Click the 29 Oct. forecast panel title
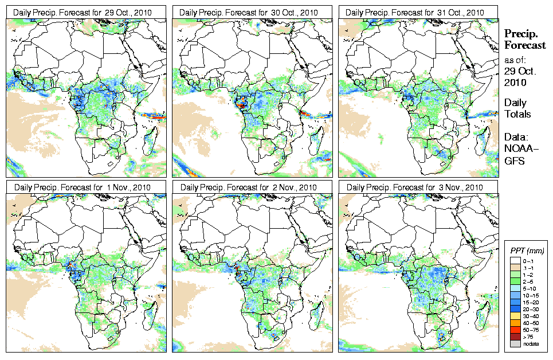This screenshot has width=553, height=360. coord(86,12)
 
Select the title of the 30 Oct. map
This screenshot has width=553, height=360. coord(252,12)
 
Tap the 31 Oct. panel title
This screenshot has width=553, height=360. coord(418,12)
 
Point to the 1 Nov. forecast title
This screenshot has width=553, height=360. coord(86,187)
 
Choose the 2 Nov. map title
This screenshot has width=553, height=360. coord(252,187)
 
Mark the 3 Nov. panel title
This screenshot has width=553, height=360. coord(418,187)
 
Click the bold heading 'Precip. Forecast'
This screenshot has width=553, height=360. coord(524,39)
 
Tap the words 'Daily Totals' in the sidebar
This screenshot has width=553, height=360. coord(517,108)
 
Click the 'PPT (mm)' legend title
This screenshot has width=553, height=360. coord(527,251)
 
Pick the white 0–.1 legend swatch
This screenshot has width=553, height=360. coord(515,260)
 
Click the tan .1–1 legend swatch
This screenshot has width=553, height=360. coord(515,267)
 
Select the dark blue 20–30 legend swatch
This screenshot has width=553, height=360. coord(515,308)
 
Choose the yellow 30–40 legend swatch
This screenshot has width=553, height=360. coord(515,315)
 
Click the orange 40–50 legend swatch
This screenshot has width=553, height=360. coord(515,322)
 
